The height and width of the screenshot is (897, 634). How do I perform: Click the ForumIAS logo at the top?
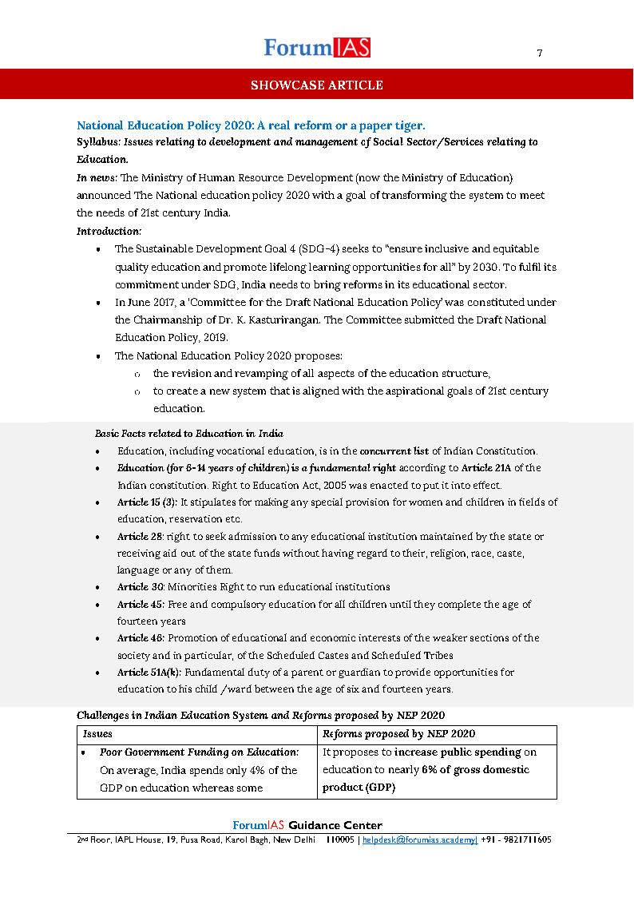(x=317, y=48)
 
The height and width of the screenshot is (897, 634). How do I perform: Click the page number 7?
(x=540, y=54)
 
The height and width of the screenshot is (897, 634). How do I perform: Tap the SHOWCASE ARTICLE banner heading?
(x=317, y=85)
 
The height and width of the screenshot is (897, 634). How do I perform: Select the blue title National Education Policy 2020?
(x=251, y=125)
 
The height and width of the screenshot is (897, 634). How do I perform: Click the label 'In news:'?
(x=97, y=177)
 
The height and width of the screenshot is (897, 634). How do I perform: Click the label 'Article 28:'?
(x=137, y=537)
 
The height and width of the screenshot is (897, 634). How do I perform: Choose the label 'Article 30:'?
(x=137, y=587)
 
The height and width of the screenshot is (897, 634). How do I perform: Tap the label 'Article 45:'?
(x=137, y=605)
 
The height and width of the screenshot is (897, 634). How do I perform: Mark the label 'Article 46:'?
(x=137, y=638)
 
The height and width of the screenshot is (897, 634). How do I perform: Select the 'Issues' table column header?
(x=98, y=734)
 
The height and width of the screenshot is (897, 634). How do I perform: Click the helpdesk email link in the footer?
(x=419, y=840)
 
